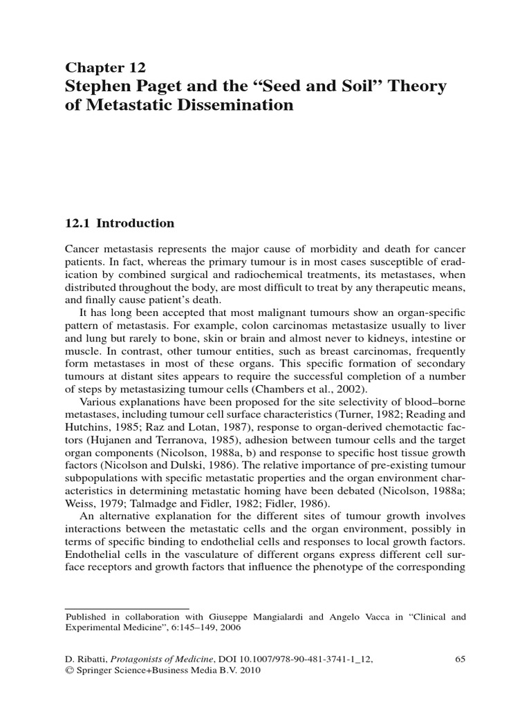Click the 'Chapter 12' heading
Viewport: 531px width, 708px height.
105,67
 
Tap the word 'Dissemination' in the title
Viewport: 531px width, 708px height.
236,106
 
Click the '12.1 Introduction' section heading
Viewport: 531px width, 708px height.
120,223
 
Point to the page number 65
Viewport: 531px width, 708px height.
460,659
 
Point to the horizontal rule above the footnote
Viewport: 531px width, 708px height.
127,608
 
